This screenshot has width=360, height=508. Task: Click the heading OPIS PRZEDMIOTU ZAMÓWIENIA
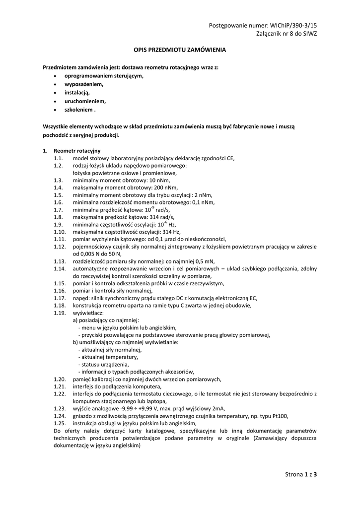pyautogui.click(x=180, y=50)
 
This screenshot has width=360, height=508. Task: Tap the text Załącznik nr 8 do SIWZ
pyautogui.click(x=286, y=34)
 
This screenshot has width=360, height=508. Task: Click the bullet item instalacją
pyautogui.click(x=77, y=92)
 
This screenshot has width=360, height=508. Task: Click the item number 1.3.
pyautogui.click(x=59, y=181)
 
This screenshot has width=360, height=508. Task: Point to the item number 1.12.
pyautogui.click(x=60, y=246)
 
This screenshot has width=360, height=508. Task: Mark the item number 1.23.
pyautogui.click(x=60, y=408)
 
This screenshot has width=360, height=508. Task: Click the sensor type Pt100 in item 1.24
pyautogui.click(x=280, y=416)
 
